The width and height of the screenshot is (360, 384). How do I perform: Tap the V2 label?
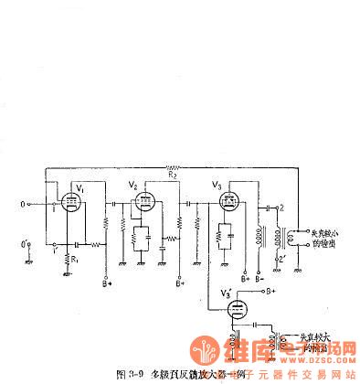click(132, 185)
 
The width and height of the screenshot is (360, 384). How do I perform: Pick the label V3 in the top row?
click(216, 186)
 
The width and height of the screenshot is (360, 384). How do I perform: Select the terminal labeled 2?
click(282, 208)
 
